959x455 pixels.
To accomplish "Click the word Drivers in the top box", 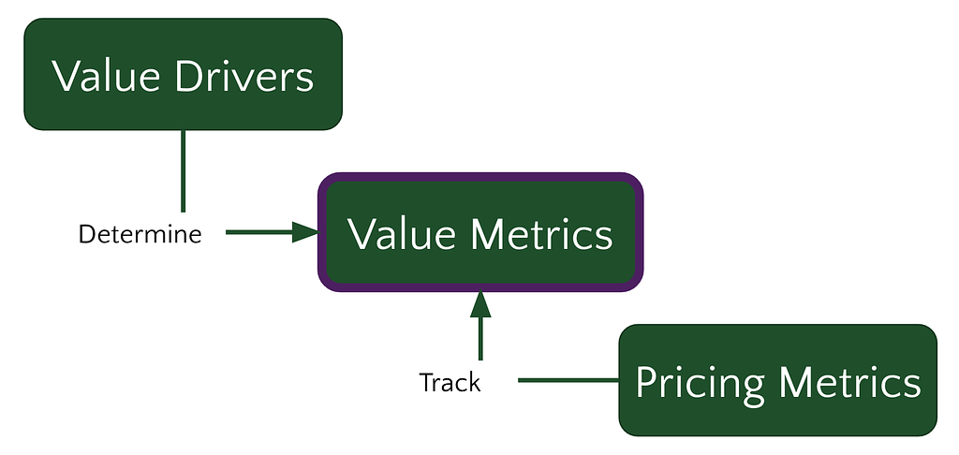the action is click(244, 77).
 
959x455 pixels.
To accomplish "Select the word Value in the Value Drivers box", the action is click(106, 77).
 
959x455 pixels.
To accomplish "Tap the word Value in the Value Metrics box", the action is click(403, 234).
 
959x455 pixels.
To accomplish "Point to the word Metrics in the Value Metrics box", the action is click(542, 234).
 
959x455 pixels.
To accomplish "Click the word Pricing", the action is click(700, 384).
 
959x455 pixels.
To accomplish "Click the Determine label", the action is click(140, 234).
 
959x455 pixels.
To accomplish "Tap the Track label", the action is click(450, 383).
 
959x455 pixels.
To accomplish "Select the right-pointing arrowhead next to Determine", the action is click(305, 232).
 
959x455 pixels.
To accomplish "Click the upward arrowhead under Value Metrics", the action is click(480, 304).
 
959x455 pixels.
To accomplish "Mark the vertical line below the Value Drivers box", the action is click(183, 171).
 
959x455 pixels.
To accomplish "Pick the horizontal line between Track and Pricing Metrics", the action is click(568, 380).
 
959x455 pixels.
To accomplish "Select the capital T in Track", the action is click(426, 383).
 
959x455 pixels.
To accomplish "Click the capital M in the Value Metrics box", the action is click(489, 234).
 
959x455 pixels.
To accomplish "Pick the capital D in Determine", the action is click(87, 234).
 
